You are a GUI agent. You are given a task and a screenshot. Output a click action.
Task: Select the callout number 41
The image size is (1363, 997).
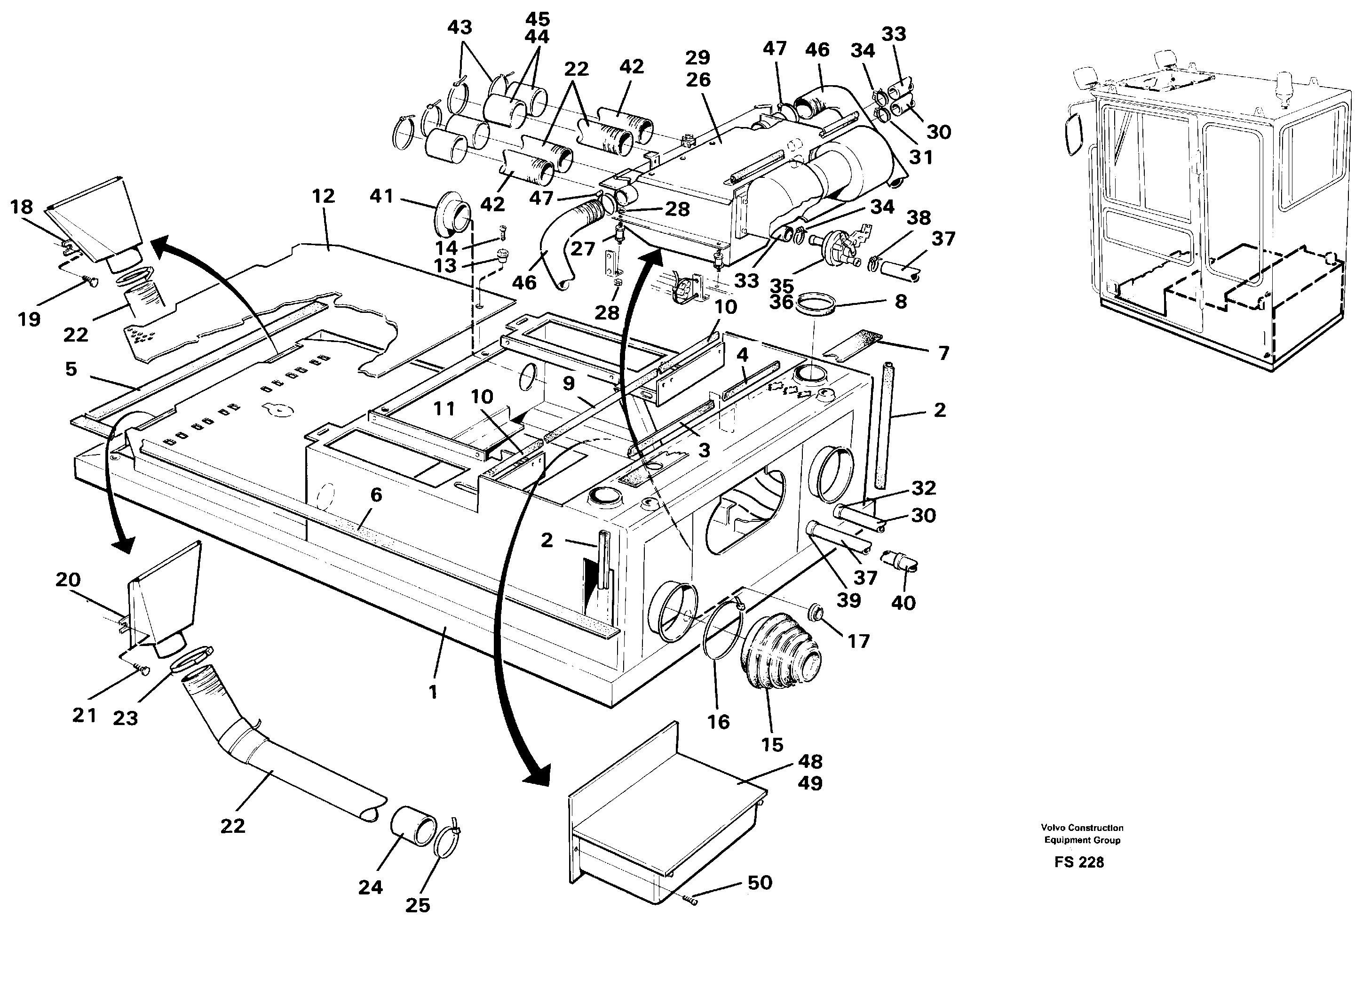pyautogui.click(x=381, y=196)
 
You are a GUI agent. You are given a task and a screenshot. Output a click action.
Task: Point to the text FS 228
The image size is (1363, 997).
pyautogui.click(x=1079, y=862)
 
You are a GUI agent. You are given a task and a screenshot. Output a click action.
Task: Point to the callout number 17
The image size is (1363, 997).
pyautogui.click(x=859, y=641)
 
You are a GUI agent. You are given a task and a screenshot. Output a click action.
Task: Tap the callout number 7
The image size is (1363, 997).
pyautogui.click(x=943, y=352)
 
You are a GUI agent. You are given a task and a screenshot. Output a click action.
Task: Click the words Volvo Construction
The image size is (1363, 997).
pyautogui.click(x=1082, y=828)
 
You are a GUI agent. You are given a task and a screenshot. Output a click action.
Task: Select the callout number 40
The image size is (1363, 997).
pyautogui.click(x=903, y=602)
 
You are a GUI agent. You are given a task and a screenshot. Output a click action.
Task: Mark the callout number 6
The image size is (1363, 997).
pyautogui.click(x=376, y=495)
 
